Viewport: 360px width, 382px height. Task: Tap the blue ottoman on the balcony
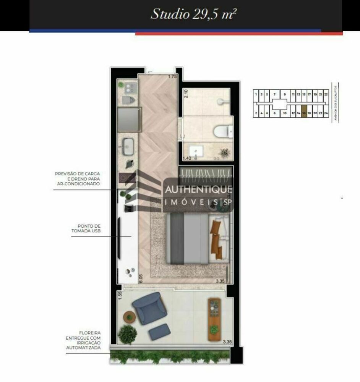tap(160, 332)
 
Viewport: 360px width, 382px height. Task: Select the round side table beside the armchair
tap(130, 317)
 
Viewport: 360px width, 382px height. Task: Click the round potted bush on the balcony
tap(127, 335)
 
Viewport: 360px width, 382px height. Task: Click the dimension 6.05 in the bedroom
tap(141, 278)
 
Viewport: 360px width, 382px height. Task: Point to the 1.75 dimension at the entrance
tap(173, 77)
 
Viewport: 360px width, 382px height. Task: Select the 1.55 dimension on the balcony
tap(120, 295)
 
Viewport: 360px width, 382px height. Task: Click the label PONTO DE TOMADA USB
tap(86, 228)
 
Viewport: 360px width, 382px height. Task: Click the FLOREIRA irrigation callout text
tap(83, 340)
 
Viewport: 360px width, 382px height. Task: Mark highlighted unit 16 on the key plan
tap(304, 113)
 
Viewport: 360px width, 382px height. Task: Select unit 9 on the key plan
tap(285, 94)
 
